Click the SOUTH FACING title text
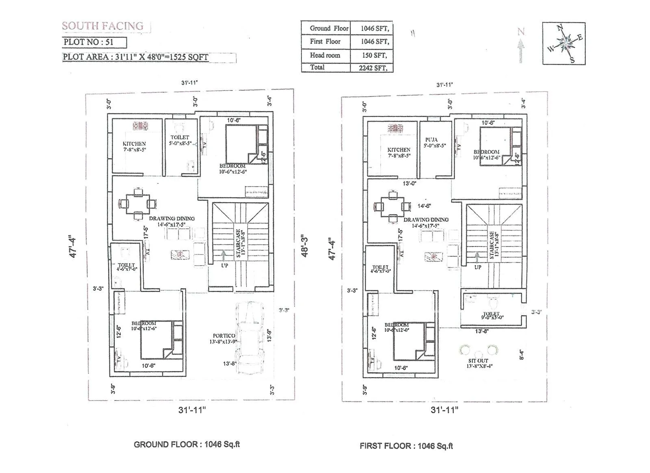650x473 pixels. [x=103, y=26]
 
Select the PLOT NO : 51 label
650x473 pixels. [x=89, y=42]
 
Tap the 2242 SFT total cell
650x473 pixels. [x=373, y=68]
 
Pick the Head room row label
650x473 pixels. [x=325, y=55]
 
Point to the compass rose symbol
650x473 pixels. [x=564, y=43]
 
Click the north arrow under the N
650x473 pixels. [x=521, y=51]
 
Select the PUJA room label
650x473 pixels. [x=431, y=140]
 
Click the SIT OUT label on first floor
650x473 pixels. [x=478, y=361]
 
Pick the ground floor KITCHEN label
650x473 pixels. [x=134, y=144]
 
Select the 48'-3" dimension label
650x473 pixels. [x=305, y=245]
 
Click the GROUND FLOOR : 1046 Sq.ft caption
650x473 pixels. [x=186, y=445]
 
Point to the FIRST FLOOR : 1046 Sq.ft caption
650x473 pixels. [x=406, y=446]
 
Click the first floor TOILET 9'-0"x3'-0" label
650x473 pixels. [x=492, y=316]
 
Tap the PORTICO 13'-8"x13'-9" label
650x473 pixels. [x=224, y=339]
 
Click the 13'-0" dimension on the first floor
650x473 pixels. [x=409, y=183]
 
